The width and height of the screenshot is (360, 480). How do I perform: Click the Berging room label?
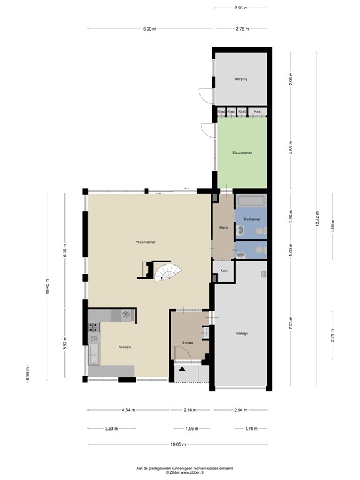(x=241, y=79)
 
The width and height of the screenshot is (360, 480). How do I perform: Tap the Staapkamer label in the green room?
(x=242, y=152)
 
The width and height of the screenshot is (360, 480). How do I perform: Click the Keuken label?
(x=124, y=347)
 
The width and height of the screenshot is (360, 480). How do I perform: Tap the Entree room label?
(x=187, y=343)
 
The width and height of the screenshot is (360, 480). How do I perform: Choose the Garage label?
(x=242, y=334)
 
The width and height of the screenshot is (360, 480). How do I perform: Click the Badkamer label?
(x=252, y=219)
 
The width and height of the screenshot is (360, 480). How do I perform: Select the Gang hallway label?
(x=223, y=227)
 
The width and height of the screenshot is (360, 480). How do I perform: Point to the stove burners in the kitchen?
(x=127, y=315)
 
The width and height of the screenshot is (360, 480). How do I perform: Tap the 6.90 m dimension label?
(x=149, y=29)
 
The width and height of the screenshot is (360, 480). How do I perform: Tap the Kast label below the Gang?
(x=224, y=270)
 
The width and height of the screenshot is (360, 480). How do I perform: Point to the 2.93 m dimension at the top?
(x=241, y=7)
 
